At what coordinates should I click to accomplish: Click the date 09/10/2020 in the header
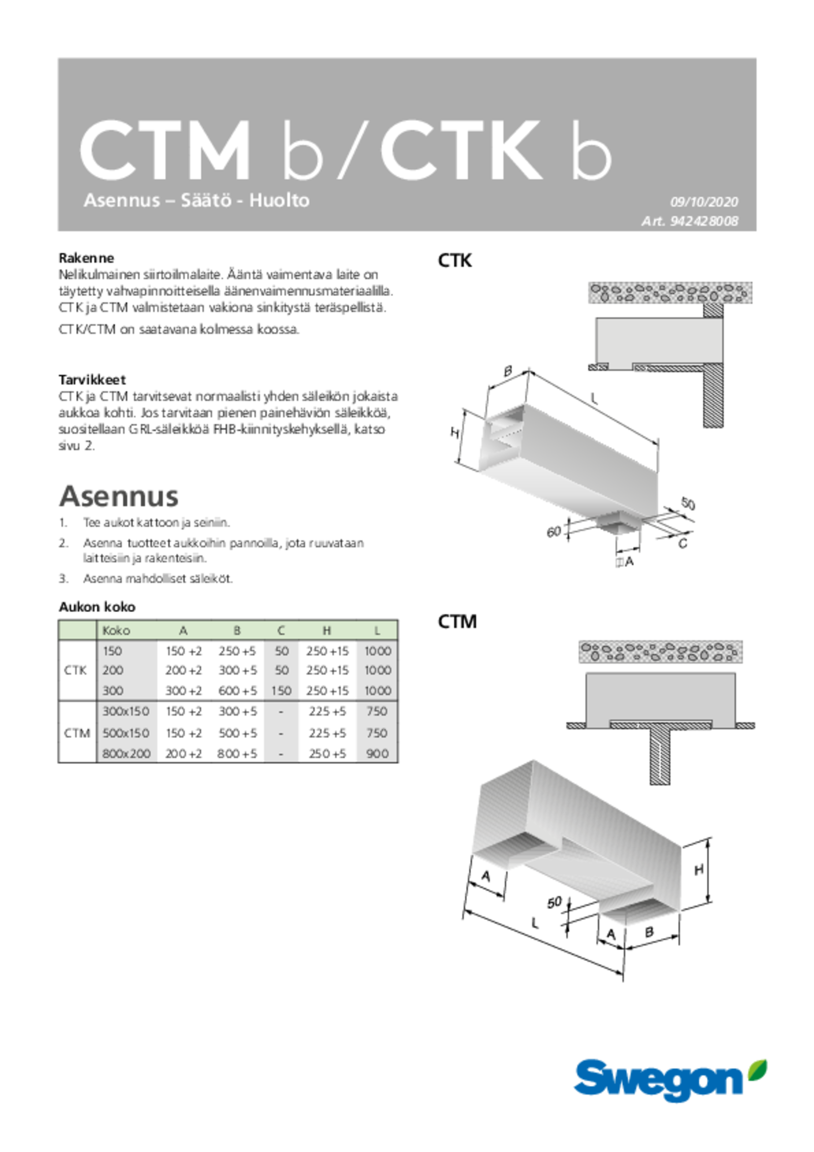704,202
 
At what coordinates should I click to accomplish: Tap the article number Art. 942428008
689,221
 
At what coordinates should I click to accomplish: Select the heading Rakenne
86,257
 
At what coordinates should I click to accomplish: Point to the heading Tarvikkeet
92,380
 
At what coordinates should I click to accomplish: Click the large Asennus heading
119,496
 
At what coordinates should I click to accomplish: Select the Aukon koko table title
97,607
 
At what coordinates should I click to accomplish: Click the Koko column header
117,630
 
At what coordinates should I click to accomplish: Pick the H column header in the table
327,630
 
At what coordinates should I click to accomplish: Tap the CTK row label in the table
75,670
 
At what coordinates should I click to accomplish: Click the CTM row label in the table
77,733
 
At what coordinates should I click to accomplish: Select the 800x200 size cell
127,754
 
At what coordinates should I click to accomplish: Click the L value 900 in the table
377,754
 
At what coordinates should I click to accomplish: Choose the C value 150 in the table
281,690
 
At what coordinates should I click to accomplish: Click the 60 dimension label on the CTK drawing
554,532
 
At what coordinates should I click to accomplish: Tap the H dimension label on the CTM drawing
699,870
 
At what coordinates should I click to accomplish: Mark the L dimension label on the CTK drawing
593,398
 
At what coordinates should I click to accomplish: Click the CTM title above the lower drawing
457,621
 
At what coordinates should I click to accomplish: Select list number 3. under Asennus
64,579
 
